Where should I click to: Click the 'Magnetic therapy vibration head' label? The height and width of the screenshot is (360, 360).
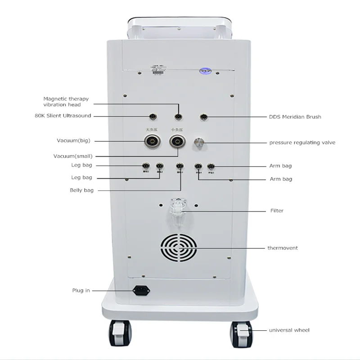click(x=66, y=102)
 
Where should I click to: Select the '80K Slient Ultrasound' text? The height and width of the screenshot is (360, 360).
click(x=63, y=116)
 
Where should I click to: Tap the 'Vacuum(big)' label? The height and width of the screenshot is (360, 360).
click(x=73, y=141)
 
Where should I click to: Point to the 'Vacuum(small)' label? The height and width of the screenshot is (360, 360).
click(x=73, y=156)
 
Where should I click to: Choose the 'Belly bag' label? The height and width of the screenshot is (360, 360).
click(x=81, y=190)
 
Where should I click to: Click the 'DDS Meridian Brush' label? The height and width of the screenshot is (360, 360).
click(x=295, y=117)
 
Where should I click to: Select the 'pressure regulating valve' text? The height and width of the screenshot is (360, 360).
click(x=302, y=143)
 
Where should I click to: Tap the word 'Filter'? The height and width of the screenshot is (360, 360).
click(x=277, y=211)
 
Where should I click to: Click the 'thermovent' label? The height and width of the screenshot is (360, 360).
click(x=282, y=248)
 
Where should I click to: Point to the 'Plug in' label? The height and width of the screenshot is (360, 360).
click(x=81, y=291)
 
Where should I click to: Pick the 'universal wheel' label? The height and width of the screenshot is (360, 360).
click(x=289, y=330)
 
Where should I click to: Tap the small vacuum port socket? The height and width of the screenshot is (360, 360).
click(x=177, y=142)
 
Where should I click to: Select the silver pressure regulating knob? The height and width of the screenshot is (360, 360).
click(x=198, y=143)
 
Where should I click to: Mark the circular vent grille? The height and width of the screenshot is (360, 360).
click(x=179, y=248)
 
